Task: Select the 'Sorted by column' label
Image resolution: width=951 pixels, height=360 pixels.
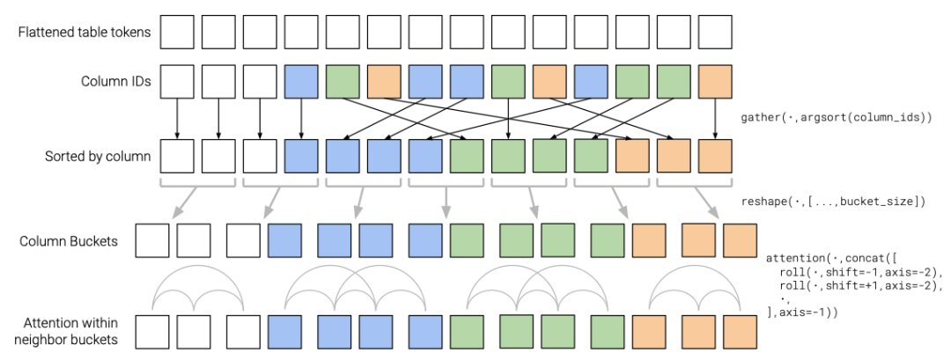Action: [x=97, y=157]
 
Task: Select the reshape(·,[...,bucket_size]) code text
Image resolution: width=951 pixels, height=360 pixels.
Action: [x=833, y=202]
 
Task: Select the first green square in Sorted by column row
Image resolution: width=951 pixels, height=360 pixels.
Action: [x=467, y=157]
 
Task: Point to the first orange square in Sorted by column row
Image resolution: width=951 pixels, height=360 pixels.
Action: [x=631, y=157]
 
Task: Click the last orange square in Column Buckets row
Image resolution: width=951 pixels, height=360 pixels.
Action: [x=740, y=240]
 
